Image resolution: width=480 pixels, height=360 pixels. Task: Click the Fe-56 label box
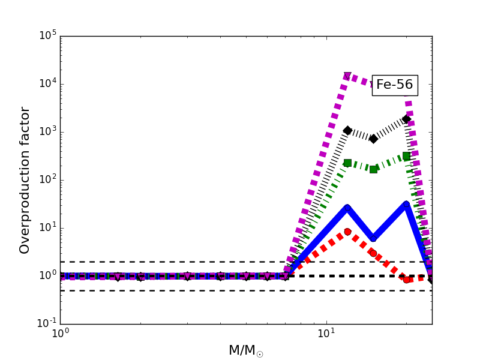click(x=394, y=85)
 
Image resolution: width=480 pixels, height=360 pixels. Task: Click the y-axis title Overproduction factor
click(x=25, y=180)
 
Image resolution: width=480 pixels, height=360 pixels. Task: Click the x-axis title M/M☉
click(x=245, y=350)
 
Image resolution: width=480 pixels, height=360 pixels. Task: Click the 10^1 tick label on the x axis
click(x=326, y=335)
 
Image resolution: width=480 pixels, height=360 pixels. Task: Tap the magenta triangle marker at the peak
click(x=347, y=76)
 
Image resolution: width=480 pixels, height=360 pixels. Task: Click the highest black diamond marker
click(x=406, y=119)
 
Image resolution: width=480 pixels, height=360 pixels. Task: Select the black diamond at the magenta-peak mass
click(x=347, y=130)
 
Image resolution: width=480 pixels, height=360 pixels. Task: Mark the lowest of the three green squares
click(x=373, y=169)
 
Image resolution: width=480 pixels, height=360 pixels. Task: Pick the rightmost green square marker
click(x=406, y=156)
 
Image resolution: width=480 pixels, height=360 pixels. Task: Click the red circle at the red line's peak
click(x=347, y=232)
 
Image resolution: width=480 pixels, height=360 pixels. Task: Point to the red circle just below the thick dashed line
click(x=406, y=280)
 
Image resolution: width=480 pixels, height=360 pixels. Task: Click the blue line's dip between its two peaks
click(x=373, y=238)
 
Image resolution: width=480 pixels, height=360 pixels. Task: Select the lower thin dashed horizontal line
click(x=180, y=290)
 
